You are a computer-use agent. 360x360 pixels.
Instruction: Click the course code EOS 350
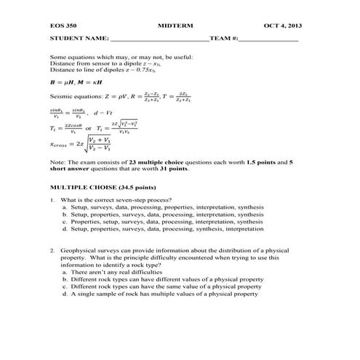pyautogui.click(x=63, y=26)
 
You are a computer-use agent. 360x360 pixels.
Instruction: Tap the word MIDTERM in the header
pyautogui.click(x=174, y=26)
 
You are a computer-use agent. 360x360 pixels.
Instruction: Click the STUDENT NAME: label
pyautogui.click(x=79, y=37)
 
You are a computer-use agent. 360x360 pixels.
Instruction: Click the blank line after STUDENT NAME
pyautogui.click(x=159, y=39)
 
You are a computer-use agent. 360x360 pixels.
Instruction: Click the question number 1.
pyautogui.click(x=52, y=200)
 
